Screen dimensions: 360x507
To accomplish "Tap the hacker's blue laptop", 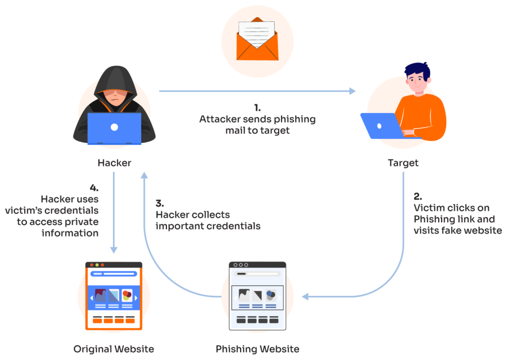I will pos(114,128).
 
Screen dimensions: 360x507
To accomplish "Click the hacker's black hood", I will pos(114,79).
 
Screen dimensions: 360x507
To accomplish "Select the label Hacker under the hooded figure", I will pos(114,162).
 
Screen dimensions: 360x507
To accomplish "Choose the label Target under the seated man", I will pos(403,162).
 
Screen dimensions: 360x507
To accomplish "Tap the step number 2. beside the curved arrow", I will pos(417,196).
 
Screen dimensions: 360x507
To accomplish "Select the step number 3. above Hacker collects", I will pos(160,203).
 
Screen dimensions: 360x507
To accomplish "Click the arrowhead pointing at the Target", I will pos(353,91).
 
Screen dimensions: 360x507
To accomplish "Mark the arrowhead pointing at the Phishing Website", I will pos(305,297).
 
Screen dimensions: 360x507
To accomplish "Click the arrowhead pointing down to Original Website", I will pos(114,250).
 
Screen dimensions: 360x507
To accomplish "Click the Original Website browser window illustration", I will pos(114,296).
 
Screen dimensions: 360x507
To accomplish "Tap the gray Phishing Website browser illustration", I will pos(257,296).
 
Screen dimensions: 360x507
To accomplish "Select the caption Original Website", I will pos(114,349).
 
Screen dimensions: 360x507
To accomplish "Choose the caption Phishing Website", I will pos(257,349).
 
